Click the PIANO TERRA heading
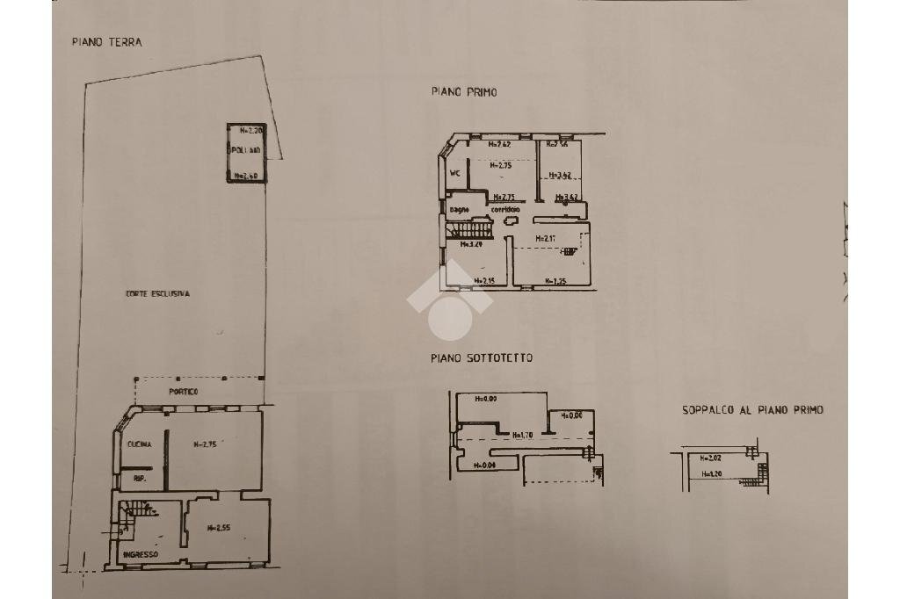point(106,42)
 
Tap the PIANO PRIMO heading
point(463,91)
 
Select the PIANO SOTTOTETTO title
point(481,358)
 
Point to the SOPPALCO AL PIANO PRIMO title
point(752,410)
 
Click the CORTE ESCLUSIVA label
point(157,294)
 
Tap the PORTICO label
point(184,391)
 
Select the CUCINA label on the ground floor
point(139,444)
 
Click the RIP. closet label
point(139,479)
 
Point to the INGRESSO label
point(141,554)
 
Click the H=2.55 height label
point(218,527)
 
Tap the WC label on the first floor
point(455,173)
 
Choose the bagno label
point(460,209)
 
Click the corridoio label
point(505,209)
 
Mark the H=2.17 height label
point(546,237)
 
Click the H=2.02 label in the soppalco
point(710,458)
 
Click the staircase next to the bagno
point(461,230)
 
